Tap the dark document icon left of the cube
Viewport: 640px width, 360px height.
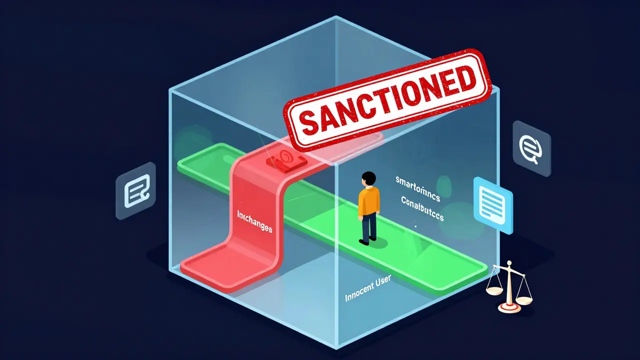click(x=135, y=190)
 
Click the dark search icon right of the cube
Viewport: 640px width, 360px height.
click(x=531, y=147)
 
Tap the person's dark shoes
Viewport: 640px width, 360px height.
click(x=368, y=240)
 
